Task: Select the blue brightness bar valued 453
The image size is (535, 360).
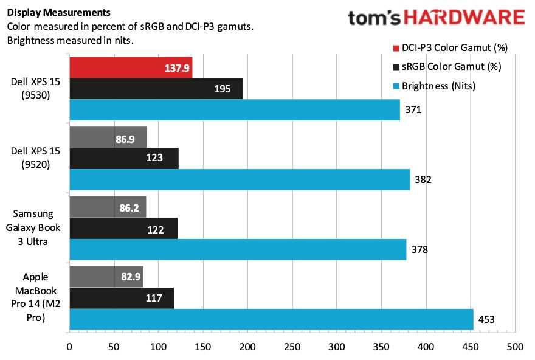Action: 271,319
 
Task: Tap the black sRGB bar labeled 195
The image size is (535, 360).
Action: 156,89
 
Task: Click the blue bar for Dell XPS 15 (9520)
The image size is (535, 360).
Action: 240,180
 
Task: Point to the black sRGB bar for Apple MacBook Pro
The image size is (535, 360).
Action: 122,298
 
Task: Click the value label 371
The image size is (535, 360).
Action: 413,110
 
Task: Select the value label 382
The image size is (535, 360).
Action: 423,180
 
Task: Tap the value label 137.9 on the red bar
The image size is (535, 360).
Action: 176,68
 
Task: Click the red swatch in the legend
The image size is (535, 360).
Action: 396,47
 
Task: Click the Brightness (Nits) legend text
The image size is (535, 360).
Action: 439,86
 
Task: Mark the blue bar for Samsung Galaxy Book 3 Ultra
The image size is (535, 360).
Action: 238,249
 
